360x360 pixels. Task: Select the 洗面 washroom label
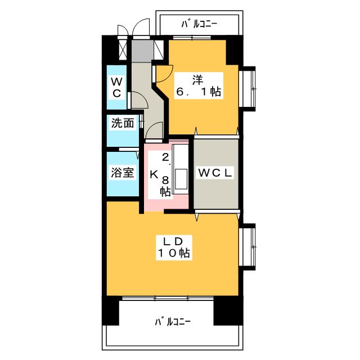click(x=122, y=123)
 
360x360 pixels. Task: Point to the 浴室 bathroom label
click(x=121, y=173)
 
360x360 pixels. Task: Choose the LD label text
click(x=172, y=241)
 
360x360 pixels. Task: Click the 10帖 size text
click(x=173, y=254)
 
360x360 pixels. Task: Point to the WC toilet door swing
click(x=137, y=100)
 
